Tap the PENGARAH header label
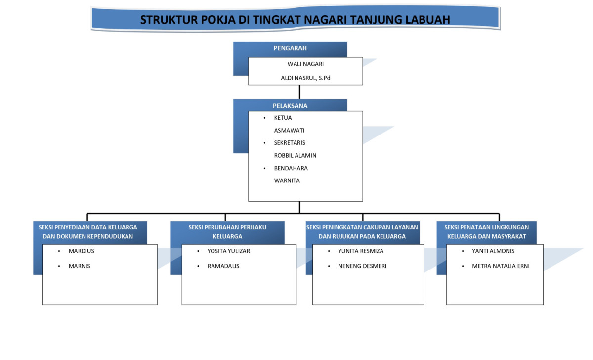290,48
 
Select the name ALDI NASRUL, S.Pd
305,77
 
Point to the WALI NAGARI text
305,64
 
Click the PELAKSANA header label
290,106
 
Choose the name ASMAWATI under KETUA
289,130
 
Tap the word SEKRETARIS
290,143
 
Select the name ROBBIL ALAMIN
295,155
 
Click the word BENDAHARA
291,168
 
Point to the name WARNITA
287,180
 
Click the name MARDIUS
82,251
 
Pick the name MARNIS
80,266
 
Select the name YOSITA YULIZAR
229,251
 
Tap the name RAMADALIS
223,266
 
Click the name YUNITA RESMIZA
361,251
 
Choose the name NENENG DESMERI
362,266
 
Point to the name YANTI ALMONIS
493,251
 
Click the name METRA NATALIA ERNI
501,266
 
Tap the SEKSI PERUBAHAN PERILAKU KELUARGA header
227,232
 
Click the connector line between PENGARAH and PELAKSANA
299,92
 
